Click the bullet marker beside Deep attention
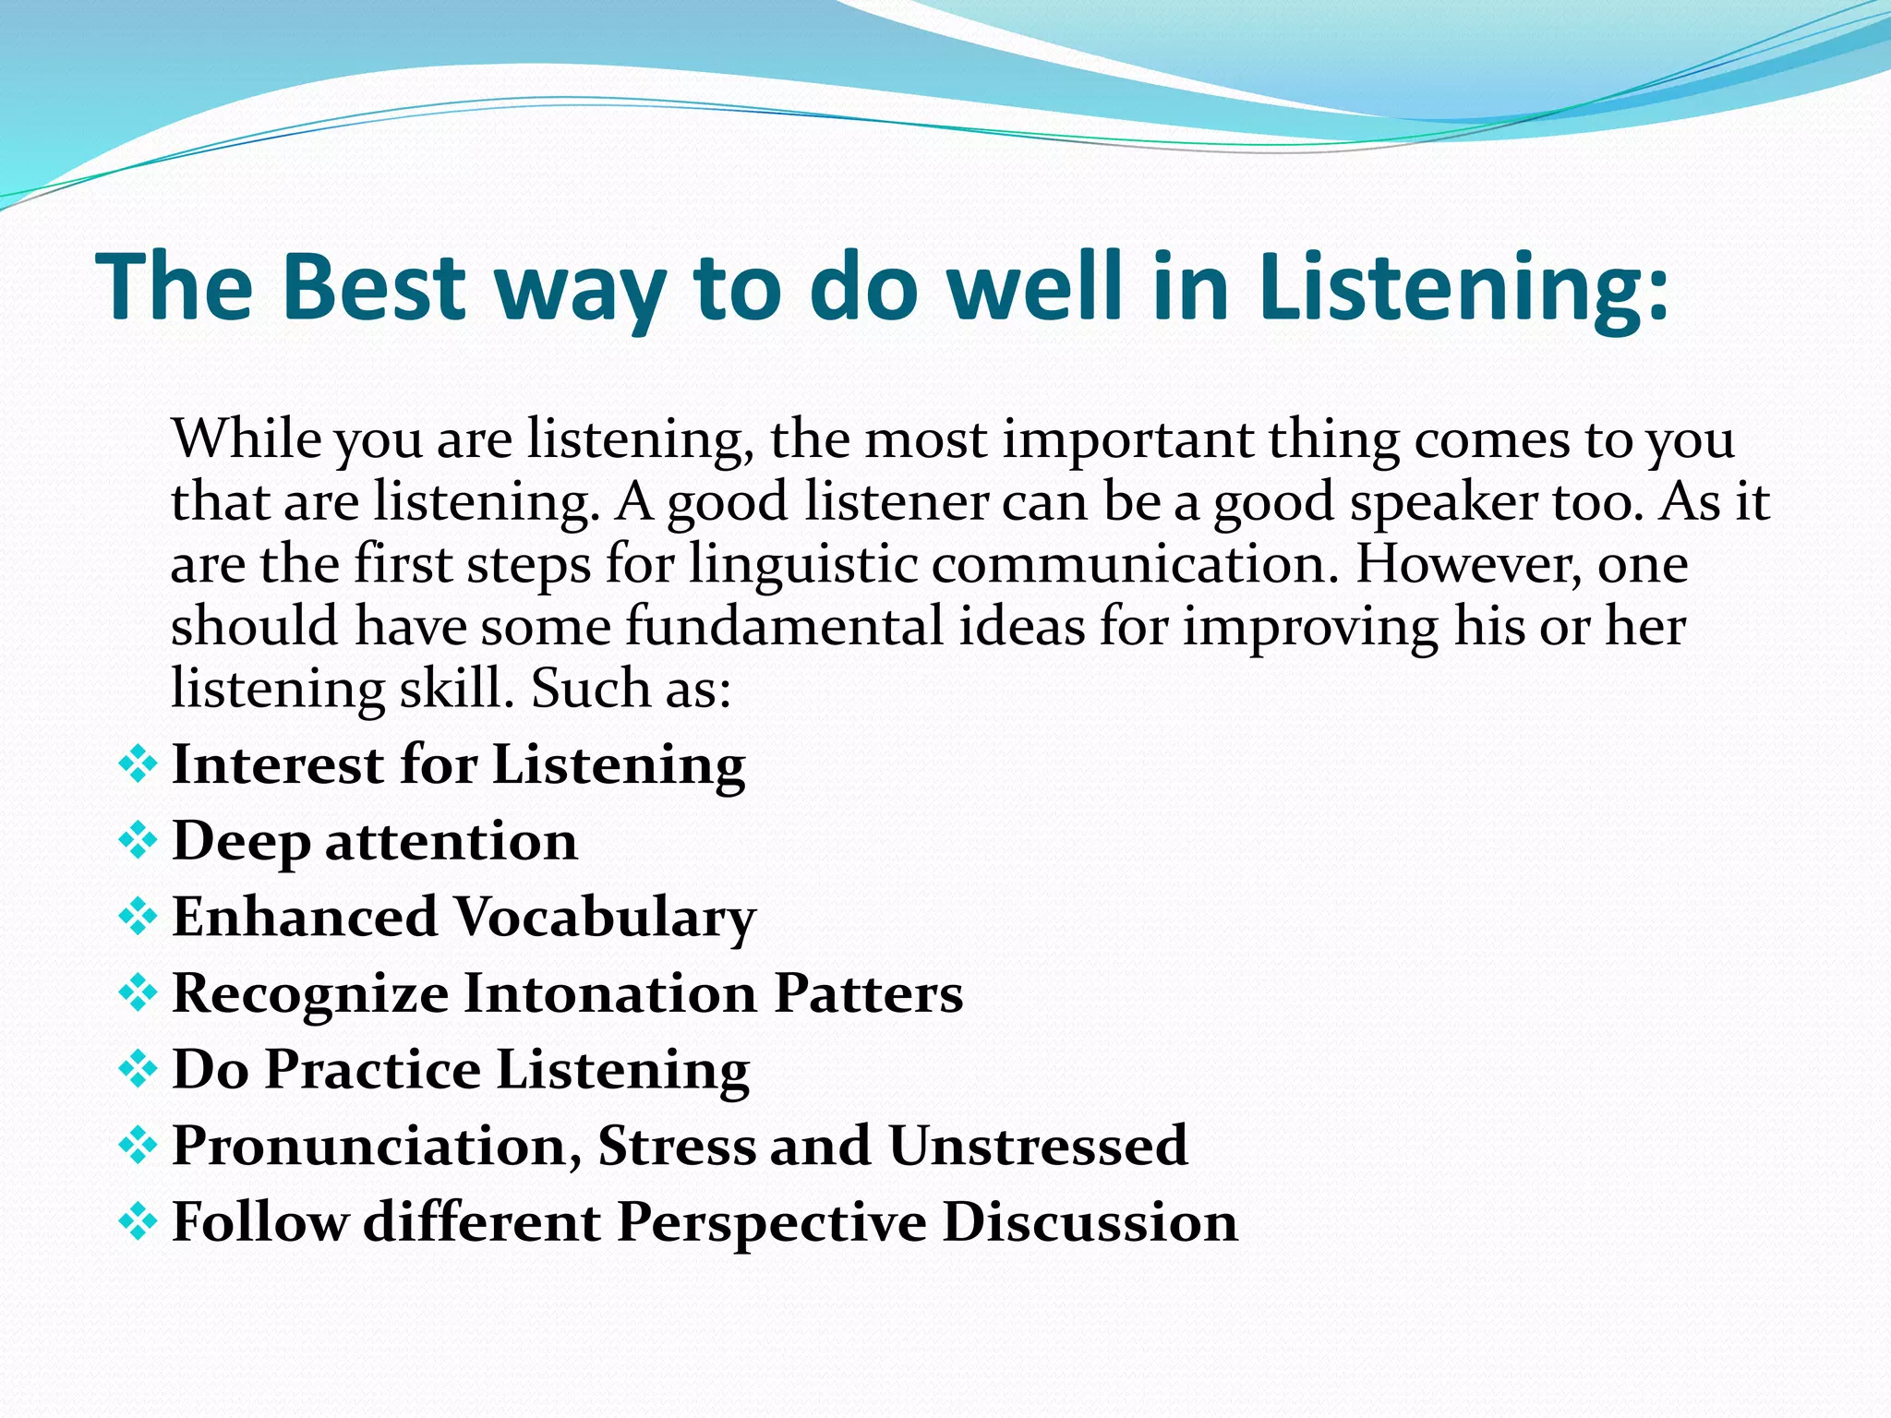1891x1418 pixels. pos(138,841)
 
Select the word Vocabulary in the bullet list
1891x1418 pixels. pos(605,918)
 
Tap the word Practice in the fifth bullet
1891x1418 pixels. pos(372,1070)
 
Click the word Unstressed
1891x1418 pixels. pos(1038,1146)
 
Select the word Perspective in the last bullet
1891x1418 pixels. pos(771,1222)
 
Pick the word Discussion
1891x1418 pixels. pos(1090,1222)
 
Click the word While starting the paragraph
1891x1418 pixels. pos(246,439)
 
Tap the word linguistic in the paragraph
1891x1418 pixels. pos(802,565)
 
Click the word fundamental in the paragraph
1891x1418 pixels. pos(784,626)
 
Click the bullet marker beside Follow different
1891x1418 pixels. pos(138,1223)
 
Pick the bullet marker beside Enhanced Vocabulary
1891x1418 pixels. pos(138,918)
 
